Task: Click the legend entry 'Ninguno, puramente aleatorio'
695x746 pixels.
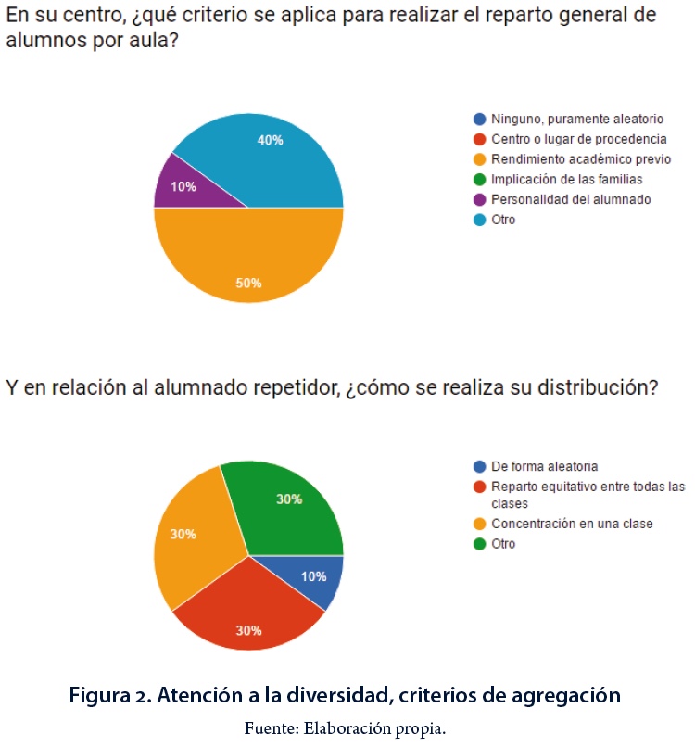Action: (577, 120)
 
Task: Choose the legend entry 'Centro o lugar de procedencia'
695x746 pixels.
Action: (578, 139)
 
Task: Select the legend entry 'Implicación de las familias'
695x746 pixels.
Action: (566, 180)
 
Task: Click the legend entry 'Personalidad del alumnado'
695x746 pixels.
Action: (571, 199)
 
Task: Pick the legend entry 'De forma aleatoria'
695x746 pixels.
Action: (544, 466)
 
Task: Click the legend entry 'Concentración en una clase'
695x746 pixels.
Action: (572, 524)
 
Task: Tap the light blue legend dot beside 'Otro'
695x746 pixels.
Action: (479, 220)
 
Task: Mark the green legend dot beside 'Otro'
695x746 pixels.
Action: (479, 544)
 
